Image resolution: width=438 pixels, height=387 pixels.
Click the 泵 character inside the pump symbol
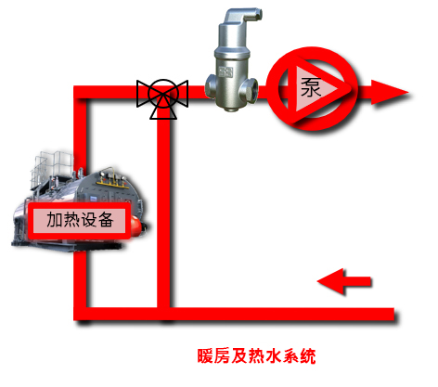pos(311,87)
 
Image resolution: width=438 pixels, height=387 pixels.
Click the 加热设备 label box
pos(80,221)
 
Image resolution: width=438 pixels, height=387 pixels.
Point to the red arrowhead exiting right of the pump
pos(390,92)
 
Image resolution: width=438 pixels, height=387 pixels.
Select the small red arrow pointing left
pos(344,281)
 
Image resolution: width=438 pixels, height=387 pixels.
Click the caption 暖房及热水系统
pos(256,355)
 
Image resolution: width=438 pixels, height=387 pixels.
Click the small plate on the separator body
pos(225,71)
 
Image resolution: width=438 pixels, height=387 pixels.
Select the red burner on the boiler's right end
pos(137,226)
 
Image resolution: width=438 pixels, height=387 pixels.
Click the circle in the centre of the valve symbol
pos(163,93)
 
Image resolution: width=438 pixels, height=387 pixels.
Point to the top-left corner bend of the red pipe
pos(80,92)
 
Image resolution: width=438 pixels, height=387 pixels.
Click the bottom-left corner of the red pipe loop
pos(80,314)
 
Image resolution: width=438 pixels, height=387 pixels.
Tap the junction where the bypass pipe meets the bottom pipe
pos(163,314)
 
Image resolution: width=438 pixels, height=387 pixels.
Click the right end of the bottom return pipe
pos(393,314)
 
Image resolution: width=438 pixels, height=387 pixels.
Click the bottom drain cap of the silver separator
pos(230,108)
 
